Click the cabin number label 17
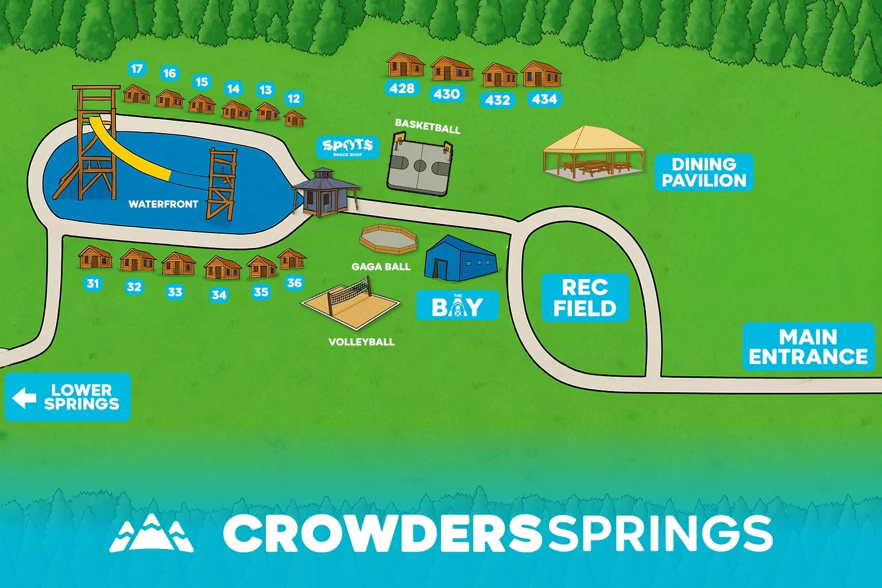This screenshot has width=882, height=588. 137,69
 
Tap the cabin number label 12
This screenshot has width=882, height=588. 293,98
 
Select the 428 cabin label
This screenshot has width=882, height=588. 401,88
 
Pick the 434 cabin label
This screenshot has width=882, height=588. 544,99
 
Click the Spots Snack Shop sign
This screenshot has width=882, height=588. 348,147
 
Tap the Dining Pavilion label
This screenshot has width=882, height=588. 703,172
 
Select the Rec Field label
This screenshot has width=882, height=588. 585,297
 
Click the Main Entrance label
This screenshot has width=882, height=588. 808,346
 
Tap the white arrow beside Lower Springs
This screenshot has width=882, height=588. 24,397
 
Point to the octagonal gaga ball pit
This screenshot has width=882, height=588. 388,238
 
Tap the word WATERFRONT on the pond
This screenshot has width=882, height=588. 163,204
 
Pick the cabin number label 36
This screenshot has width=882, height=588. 294,283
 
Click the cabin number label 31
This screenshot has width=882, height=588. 92,283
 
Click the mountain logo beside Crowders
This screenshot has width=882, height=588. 152,533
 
